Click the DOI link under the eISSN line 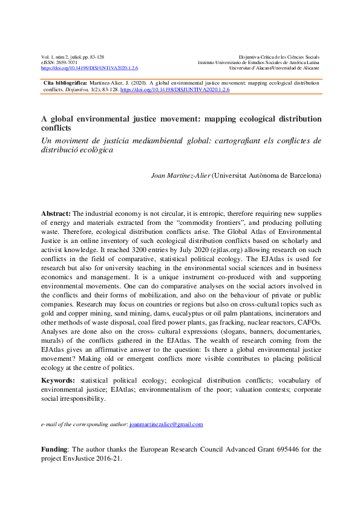(x=90, y=68)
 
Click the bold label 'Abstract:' (x=56, y=214)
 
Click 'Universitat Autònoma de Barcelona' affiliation (x=267, y=176)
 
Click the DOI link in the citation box (x=175, y=89)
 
